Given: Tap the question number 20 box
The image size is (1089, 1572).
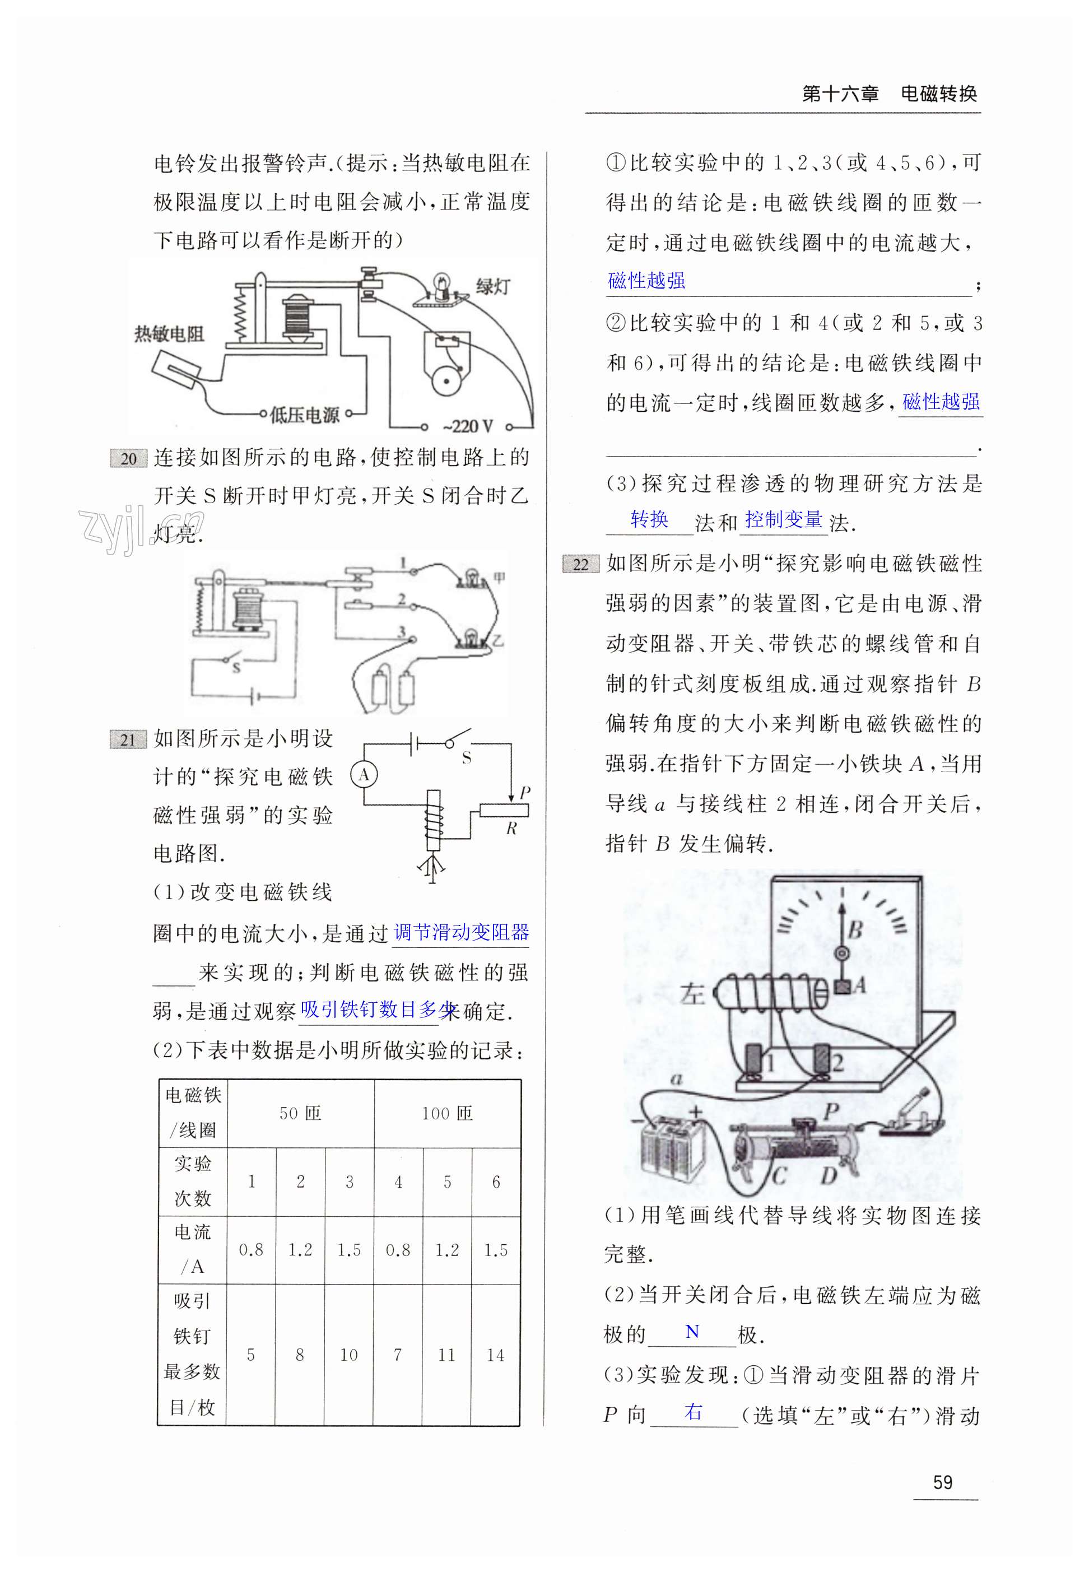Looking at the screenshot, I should tap(128, 458).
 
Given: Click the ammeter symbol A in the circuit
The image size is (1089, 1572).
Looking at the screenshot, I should tap(364, 774).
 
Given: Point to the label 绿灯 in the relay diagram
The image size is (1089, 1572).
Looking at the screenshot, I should tap(492, 287).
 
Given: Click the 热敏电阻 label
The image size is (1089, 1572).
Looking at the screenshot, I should tap(169, 334).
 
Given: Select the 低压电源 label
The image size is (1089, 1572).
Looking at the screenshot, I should tap(304, 414).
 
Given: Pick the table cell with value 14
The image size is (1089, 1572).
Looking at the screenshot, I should tap(495, 1355).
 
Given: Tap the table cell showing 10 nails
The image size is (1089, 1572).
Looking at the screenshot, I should tap(348, 1355).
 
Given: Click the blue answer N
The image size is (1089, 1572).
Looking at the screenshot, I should tap(692, 1331).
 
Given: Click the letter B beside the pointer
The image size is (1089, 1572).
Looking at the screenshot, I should tap(855, 929).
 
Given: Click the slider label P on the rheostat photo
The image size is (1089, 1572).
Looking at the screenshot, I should tap(830, 1111).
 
